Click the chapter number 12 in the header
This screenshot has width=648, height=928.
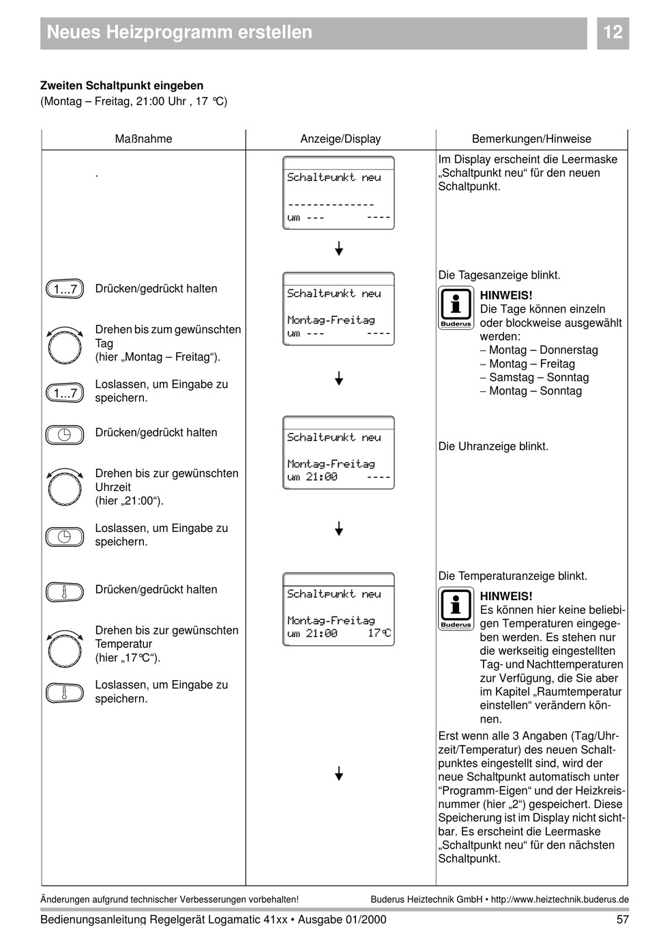613,32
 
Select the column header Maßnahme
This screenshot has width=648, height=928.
143,139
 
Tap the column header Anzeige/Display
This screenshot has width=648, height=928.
340,139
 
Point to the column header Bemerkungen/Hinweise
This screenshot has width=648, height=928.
531,139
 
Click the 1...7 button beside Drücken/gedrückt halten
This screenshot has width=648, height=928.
65,290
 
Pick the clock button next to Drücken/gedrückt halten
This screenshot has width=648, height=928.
65,435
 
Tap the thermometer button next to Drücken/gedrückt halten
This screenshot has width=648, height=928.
65,591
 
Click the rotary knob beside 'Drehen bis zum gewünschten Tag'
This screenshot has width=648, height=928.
65,346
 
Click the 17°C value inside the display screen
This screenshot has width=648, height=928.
379,634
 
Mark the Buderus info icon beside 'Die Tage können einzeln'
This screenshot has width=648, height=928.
456,308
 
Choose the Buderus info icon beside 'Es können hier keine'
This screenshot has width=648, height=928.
456,608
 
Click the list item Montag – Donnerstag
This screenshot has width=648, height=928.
543,350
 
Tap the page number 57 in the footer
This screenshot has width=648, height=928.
621,919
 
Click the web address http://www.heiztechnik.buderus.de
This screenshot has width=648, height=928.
559,899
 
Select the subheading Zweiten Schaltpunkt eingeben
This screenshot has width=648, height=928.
121,86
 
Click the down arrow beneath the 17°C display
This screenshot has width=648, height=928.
339,773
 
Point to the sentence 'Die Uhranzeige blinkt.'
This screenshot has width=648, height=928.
493,447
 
